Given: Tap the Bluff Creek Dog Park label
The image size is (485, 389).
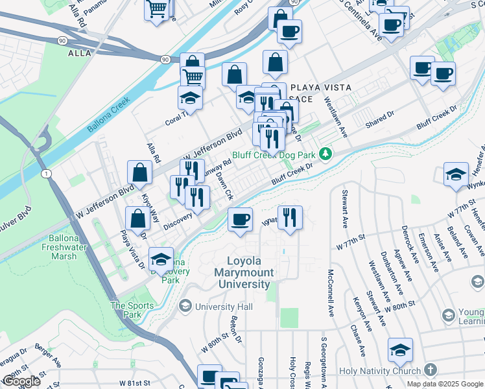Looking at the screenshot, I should point(283,154).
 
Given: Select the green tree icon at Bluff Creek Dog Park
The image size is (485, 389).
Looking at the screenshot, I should point(329,154).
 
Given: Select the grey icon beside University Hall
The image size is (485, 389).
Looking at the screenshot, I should point(186,305).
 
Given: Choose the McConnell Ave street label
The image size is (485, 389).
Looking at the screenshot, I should point(331,293).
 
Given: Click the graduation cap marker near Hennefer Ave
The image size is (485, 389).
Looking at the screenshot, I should point(456,174).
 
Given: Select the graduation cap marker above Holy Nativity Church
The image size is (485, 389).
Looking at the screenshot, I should point(400,350).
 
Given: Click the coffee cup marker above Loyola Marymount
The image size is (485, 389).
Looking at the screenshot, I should point(240,219).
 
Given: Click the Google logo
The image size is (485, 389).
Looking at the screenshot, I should point(22,382).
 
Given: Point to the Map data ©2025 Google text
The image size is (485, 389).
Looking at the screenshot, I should point(444,384).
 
